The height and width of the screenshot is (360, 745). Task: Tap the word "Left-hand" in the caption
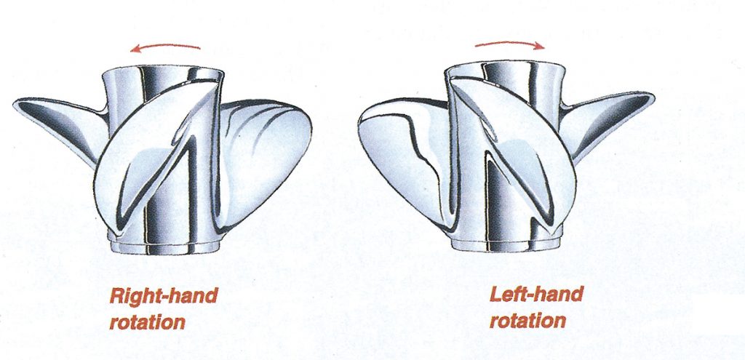tap(535, 295)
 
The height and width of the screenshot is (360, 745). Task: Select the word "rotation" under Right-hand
tap(148, 321)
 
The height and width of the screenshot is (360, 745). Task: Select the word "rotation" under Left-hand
tap(527, 319)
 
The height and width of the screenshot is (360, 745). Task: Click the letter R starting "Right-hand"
tap(116, 297)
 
